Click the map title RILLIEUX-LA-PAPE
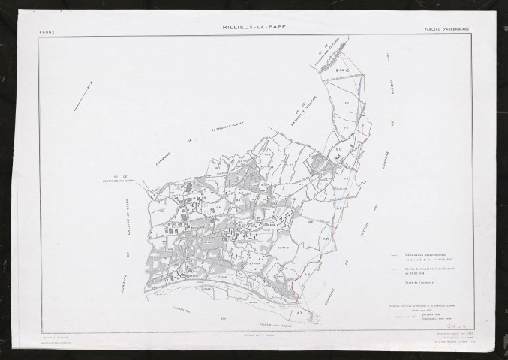click(254, 27)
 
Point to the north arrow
click(83, 96)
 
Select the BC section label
click(339, 148)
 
